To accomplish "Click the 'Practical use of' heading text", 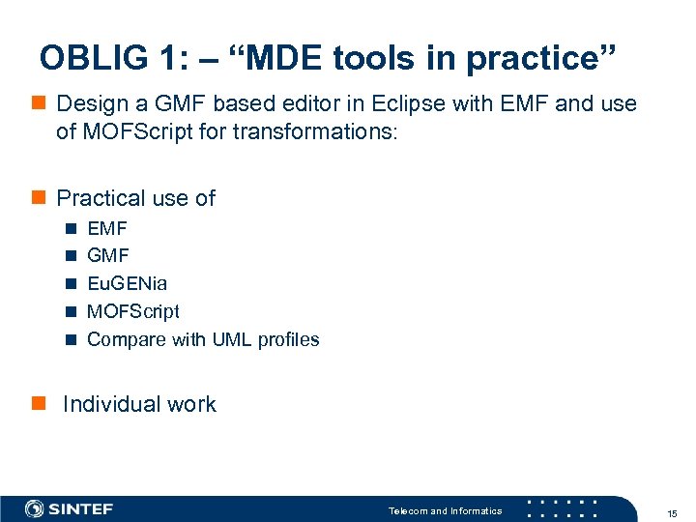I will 136,198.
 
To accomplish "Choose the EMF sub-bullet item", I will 106,229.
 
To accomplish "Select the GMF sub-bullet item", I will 107,256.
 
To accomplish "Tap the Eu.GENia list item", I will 127,284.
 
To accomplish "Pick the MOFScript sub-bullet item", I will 132,311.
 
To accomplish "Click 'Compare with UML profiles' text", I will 203,339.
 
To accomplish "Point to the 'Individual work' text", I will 139,404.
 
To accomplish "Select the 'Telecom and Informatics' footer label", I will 445,510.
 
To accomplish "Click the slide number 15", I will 671,511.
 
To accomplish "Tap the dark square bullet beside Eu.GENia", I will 71,284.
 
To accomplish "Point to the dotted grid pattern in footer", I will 562,509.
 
